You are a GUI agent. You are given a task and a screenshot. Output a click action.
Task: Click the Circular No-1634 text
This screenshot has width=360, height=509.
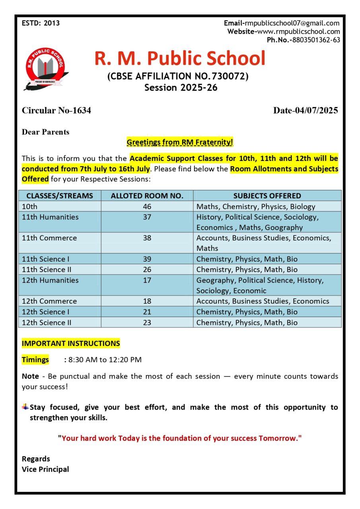[x=56, y=110]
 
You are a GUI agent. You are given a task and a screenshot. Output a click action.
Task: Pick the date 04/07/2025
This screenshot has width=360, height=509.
[x=316, y=110]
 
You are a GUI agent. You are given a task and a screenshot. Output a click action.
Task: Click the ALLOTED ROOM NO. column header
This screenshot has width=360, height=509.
[x=147, y=196]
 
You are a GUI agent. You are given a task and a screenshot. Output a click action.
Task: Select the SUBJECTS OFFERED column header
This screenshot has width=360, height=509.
[x=267, y=196]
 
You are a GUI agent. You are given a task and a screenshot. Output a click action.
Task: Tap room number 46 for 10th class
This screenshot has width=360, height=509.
[x=147, y=206]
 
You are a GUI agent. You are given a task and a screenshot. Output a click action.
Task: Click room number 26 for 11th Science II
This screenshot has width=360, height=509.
[x=147, y=269]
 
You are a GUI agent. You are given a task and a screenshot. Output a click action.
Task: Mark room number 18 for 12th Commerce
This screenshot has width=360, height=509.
[x=147, y=301]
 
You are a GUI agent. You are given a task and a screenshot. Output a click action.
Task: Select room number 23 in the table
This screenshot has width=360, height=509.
[x=147, y=322]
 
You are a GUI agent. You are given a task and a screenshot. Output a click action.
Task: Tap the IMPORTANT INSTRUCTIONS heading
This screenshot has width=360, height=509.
[x=71, y=343]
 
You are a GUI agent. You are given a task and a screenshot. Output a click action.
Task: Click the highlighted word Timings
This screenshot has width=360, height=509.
[x=35, y=360]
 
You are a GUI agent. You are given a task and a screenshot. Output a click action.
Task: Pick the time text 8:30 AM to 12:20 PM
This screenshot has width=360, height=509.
[x=105, y=360]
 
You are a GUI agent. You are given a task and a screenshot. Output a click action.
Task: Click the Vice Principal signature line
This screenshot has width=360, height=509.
[x=45, y=469]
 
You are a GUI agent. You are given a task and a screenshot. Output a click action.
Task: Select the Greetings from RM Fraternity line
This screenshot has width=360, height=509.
[x=180, y=142]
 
